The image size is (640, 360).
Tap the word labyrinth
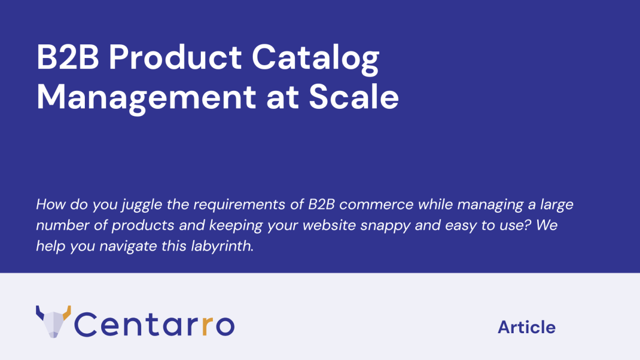223,246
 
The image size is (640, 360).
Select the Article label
527,327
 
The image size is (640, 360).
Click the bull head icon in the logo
54,322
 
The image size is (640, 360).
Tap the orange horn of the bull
67,312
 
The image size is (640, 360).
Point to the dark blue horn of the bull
39,312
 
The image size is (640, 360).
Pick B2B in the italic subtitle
321,204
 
